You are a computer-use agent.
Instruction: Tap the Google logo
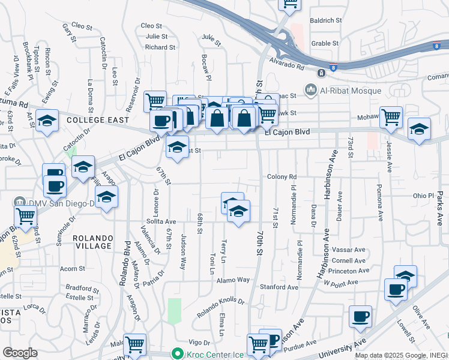point(19,353)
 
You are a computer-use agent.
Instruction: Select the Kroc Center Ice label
point(209,353)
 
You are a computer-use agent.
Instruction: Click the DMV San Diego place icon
point(19,202)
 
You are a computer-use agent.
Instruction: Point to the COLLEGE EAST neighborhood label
point(98,120)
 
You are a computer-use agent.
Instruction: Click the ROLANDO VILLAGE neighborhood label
point(92,242)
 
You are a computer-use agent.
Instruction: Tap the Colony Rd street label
point(282,177)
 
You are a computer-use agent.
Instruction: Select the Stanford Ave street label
point(280,287)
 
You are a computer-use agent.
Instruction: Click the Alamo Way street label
point(233,280)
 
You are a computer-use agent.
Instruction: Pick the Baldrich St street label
point(326,20)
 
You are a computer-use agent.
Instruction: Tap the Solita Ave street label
point(161,221)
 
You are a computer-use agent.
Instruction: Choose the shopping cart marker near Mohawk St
point(391,116)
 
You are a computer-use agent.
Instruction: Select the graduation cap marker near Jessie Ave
point(419,128)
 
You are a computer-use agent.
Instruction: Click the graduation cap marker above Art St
point(46,120)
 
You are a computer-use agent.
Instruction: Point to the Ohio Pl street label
point(423,196)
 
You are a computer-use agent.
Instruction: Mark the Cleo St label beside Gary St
point(81,26)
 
